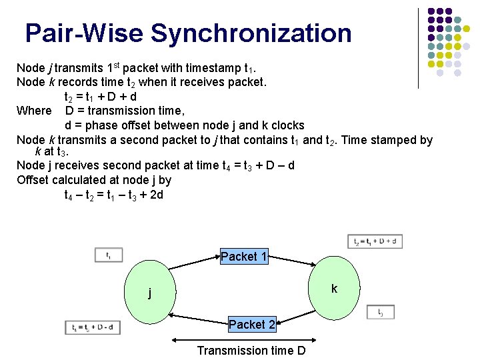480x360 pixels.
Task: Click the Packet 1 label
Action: (x=244, y=257)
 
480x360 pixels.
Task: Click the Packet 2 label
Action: (x=252, y=325)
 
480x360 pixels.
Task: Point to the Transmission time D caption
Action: (x=251, y=351)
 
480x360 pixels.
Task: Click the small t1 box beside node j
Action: (x=109, y=255)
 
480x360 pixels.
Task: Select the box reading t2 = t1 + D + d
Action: (x=375, y=241)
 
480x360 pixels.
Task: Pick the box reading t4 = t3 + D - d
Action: (x=93, y=327)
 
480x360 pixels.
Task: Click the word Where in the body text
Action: (x=34, y=111)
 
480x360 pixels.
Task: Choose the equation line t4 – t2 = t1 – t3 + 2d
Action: (x=114, y=195)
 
